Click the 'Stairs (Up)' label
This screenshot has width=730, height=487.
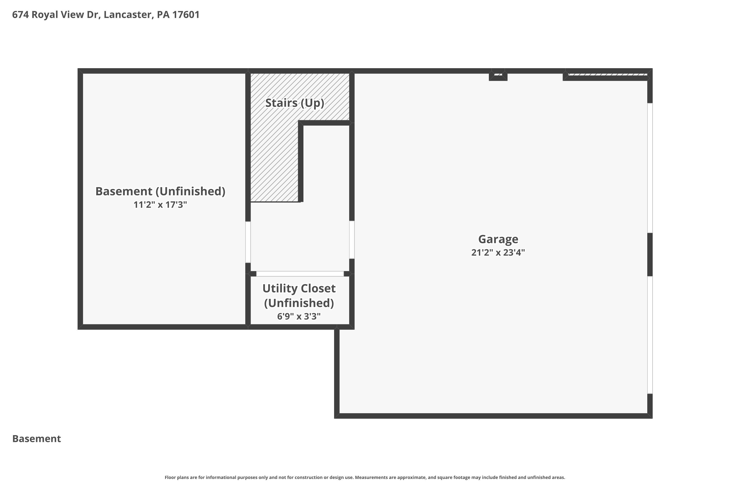(294, 103)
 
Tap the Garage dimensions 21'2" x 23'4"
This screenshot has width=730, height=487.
(498, 253)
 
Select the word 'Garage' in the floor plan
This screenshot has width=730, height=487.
(498, 239)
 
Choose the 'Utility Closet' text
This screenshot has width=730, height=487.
(299, 289)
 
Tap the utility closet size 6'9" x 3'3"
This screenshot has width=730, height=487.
(299, 316)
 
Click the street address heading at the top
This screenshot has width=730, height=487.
(106, 15)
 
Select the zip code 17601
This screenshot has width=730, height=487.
(186, 15)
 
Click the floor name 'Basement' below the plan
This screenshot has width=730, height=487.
(37, 439)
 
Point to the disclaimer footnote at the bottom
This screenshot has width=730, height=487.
(365, 477)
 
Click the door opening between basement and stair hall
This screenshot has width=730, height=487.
(248, 242)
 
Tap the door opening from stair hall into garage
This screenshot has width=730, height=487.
(352, 240)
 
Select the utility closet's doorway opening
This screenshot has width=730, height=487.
(300, 274)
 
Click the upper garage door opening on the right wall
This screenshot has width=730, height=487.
(650, 168)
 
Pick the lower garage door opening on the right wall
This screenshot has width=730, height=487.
(650, 335)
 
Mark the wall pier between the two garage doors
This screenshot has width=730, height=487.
(650, 254)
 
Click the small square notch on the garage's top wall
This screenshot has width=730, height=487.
(498, 75)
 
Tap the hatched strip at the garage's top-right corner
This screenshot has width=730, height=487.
(607, 74)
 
